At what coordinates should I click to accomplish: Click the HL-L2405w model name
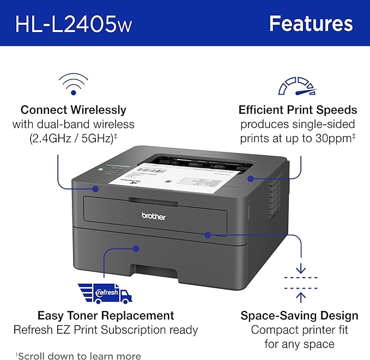(74, 24)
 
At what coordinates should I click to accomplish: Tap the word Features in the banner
(311, 23)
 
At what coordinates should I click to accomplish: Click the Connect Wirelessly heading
(73, 109)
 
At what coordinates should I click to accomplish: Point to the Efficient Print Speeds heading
(298, 109)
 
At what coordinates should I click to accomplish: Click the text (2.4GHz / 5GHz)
(72, 139)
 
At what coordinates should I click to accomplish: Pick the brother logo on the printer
(154, 216)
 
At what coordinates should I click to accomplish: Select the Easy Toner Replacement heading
(106, 315)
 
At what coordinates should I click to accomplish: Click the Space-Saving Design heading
(300, 315)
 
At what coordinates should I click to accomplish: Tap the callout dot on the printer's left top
(95, 189)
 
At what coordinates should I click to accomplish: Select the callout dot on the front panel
(208, 234)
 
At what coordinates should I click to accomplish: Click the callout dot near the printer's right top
(250, 178)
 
